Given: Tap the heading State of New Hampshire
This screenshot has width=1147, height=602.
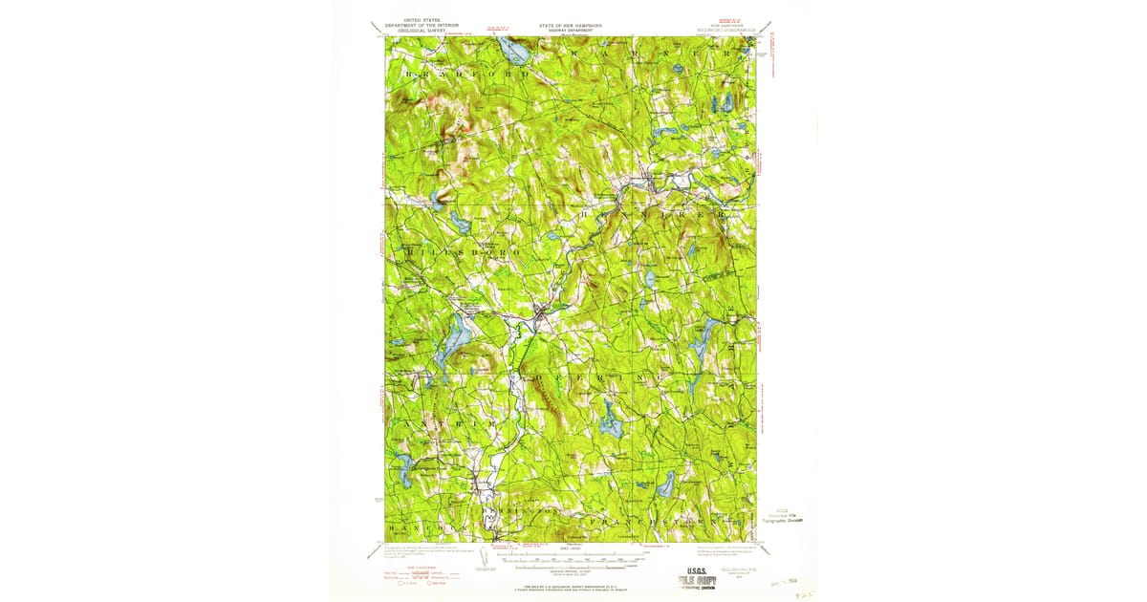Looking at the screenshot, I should tap(571, 26).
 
